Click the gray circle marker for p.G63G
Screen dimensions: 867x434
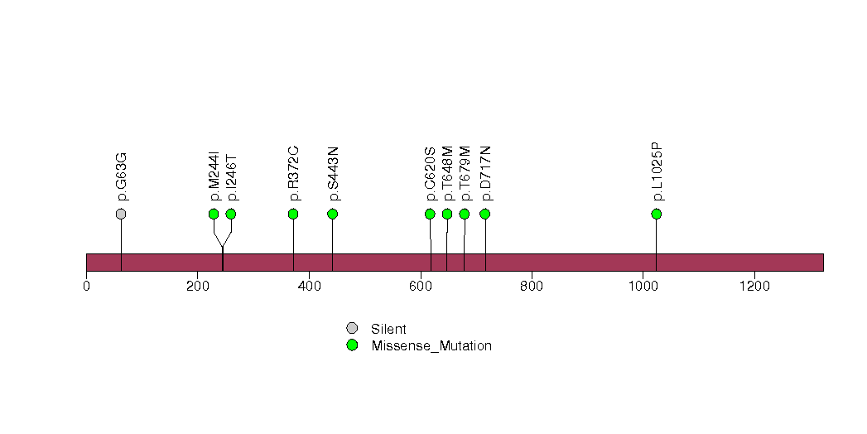click(x=121, y=214)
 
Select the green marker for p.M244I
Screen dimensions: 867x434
click(x=214, y=214)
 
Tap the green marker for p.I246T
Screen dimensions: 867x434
click(x=231, y=214)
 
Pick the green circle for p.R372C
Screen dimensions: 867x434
click(x=294, y=214)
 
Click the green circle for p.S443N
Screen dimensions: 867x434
click(x=332, y=214)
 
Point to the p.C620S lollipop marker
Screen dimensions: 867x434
click(x=430, y=214)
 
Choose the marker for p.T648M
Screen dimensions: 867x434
click(x=447, y=214)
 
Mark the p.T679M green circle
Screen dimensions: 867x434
click(x=465, y=214)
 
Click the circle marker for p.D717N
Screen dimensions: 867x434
click(x=485, y=214)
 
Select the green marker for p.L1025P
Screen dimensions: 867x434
click(x=657, y=214)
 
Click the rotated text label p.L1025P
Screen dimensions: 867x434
click(x=657, y=172)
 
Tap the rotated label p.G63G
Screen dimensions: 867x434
click(x=123, y=177)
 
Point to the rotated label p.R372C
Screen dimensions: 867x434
click(x=294, y=174)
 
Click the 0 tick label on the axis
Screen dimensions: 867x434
click(x=86, y=286)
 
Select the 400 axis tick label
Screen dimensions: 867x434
click(x=309, y=286)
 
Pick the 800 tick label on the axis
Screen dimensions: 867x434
click(x=532, y=286)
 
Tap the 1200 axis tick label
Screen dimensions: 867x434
click(x=754, y=286)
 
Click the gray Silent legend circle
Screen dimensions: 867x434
click(x=352, y=329)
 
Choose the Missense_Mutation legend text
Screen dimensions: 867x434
click(x=431, y=346)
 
